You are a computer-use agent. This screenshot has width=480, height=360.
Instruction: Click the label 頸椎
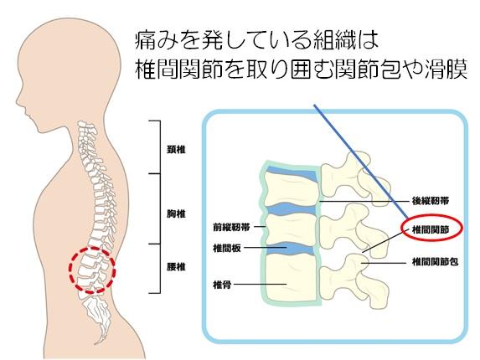[x=176, y=150]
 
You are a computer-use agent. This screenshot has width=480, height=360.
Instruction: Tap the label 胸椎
[x=176, y=213]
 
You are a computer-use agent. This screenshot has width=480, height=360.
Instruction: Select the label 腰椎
[x=176, y=267]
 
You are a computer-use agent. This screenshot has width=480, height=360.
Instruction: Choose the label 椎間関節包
[x=435, y=262]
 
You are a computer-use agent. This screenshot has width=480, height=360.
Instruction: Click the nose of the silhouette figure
[x=17, y=100]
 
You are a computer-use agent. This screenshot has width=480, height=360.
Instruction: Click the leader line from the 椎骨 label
[x=260, y=285]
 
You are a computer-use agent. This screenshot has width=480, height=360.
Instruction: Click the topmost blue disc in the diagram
[x=292, y=173]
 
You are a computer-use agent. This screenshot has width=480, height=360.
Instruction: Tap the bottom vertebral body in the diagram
[x=290, y=278]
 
